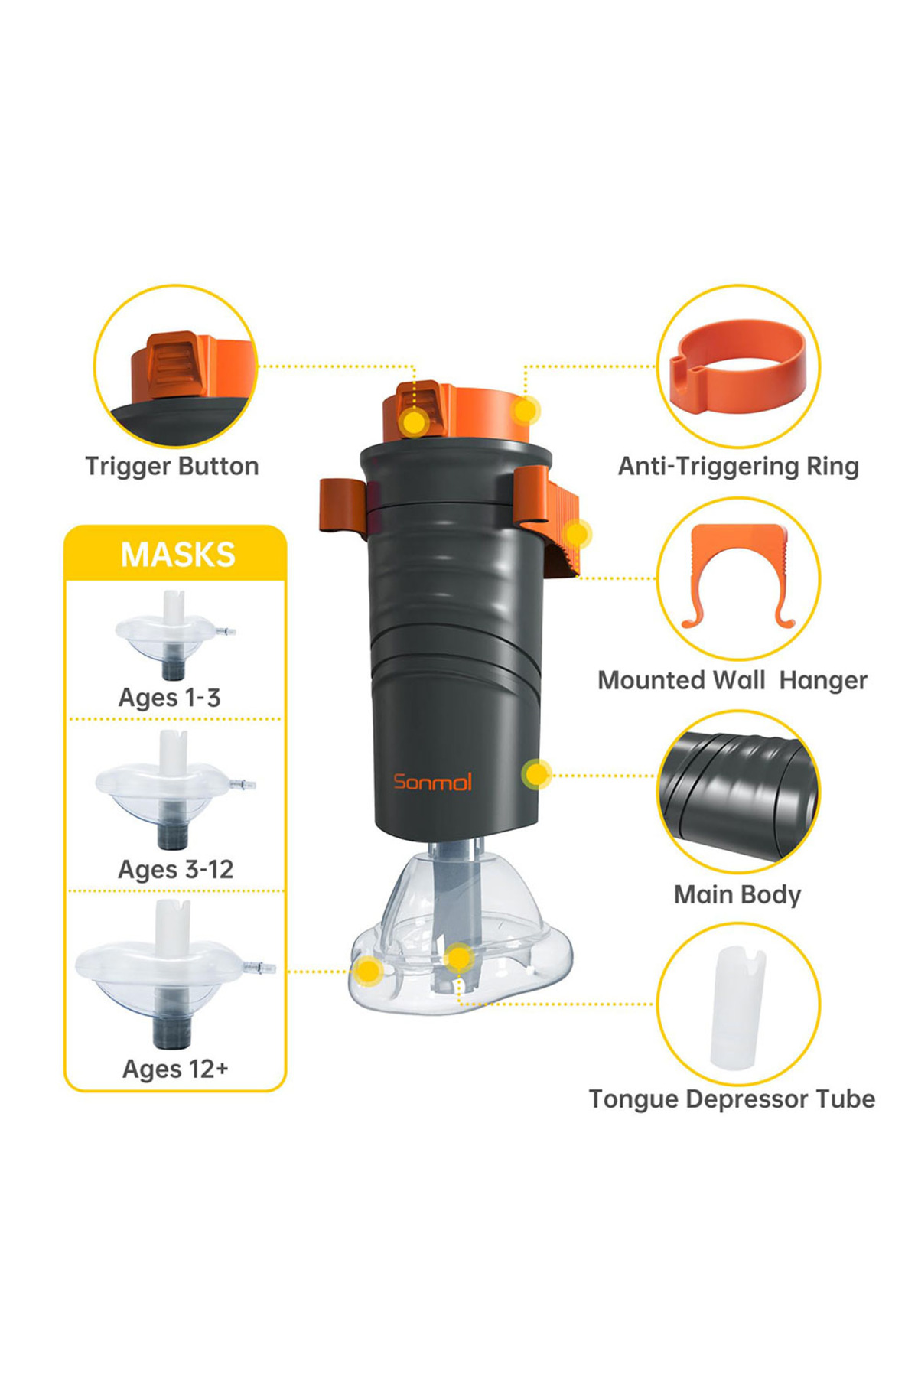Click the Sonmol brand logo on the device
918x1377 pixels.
click(432, 781)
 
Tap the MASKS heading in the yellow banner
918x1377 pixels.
click(177, 555)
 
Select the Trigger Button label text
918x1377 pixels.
click(172, 466)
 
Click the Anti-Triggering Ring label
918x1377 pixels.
click(738, 466)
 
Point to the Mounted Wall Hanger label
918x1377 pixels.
click(732, 680)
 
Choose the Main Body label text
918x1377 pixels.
click(737, 894)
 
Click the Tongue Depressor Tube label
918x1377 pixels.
click(732, 1099)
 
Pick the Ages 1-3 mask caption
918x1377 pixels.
click(169, 698)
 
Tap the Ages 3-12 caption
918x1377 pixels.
click(175, 869)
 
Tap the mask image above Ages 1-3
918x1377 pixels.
click(175, 634)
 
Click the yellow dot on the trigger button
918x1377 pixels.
click(415, 422)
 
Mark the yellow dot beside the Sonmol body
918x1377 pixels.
click(537, 775)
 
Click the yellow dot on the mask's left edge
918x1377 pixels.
click(369, 972)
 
